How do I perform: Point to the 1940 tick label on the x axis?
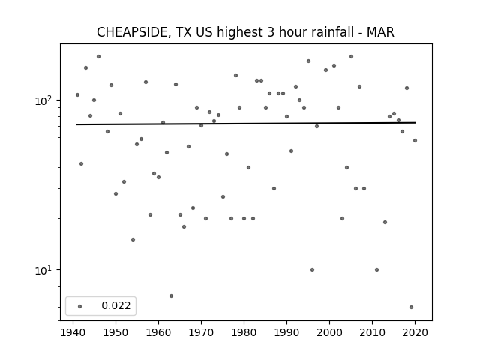73,333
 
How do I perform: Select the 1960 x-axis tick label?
158,333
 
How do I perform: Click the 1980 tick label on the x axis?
244,333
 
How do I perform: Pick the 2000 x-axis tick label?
330,333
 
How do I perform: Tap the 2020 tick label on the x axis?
415,333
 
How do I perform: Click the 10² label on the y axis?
45,100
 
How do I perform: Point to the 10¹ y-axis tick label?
45,270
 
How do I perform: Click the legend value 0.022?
116,305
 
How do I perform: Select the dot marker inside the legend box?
80,306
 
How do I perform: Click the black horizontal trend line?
246,124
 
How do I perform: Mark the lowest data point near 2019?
411,307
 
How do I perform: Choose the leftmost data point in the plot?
77,95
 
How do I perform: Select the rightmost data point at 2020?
415,140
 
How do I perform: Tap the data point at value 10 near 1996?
312,270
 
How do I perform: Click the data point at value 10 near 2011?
376,270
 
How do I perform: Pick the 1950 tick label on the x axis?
115,333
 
